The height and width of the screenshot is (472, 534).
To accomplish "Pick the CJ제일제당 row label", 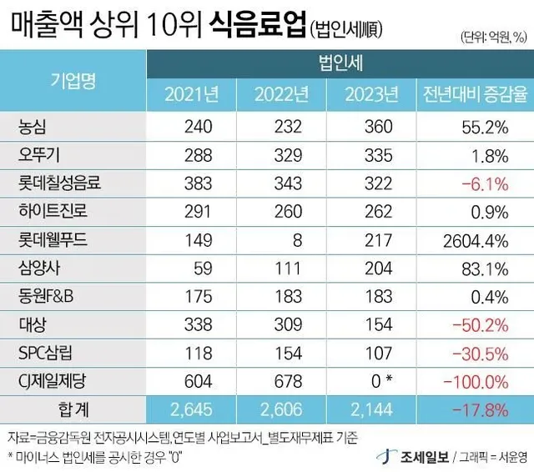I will tap(54, 382).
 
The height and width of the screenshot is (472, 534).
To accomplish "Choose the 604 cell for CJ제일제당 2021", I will tap(199, 382).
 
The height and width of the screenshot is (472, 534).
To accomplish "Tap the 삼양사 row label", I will tap(39, 269).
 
